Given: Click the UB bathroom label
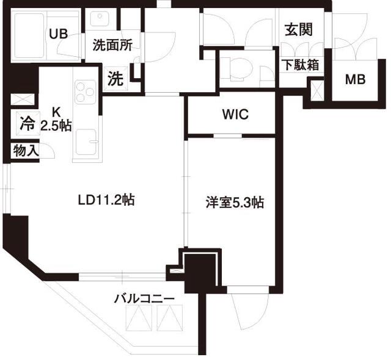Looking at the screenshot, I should (59, 34).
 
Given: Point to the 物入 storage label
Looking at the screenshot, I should (26, 150).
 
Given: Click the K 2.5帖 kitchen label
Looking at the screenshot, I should (56, 120).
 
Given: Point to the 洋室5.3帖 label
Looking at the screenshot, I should (234, 203).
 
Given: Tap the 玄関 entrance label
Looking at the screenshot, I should (299, 29).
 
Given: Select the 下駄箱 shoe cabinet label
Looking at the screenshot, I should (300, 64).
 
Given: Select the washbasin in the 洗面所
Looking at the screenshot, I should (101, 18).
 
